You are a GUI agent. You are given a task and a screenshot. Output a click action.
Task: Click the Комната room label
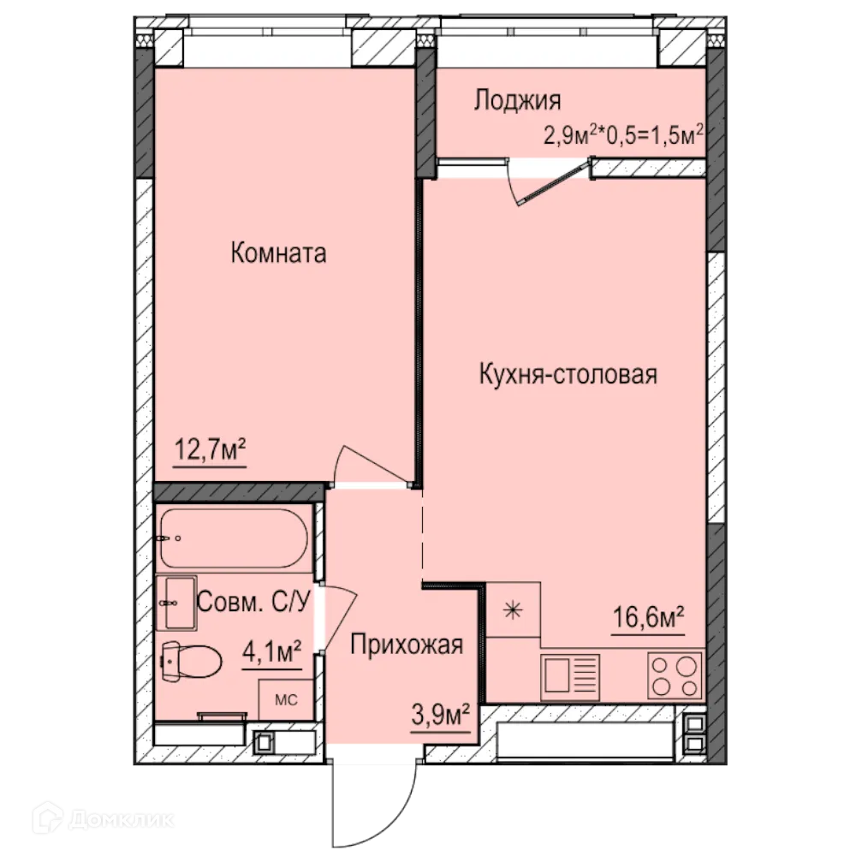(x=278, y=253)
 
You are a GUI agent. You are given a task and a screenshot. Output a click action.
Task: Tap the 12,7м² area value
(x=210, y=449)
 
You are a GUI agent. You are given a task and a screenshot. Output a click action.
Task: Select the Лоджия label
(x=517, y=100)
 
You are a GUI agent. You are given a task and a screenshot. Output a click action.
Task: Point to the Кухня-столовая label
(x=568, y=374)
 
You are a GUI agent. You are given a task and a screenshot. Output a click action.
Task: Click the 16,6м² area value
(x=648, y=616)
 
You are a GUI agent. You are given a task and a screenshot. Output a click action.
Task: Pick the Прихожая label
(x=407, y=645)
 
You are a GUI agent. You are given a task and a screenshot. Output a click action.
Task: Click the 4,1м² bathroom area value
(x=271, y=654)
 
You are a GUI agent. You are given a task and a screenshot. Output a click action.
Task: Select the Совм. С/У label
(x=253, y=601)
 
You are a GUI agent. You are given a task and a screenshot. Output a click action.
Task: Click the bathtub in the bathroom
(x=232, y=538)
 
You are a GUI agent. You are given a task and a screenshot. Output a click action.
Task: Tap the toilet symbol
(x=190, y=660)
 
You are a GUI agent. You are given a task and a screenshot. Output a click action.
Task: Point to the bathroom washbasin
(x=176, y=603)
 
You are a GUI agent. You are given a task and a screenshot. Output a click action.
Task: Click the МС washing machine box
(x=285, y=700)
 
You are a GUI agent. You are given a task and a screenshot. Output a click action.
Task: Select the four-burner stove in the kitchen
(x=675, y=675)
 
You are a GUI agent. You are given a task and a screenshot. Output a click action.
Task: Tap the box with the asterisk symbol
(x=513, y=609)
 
